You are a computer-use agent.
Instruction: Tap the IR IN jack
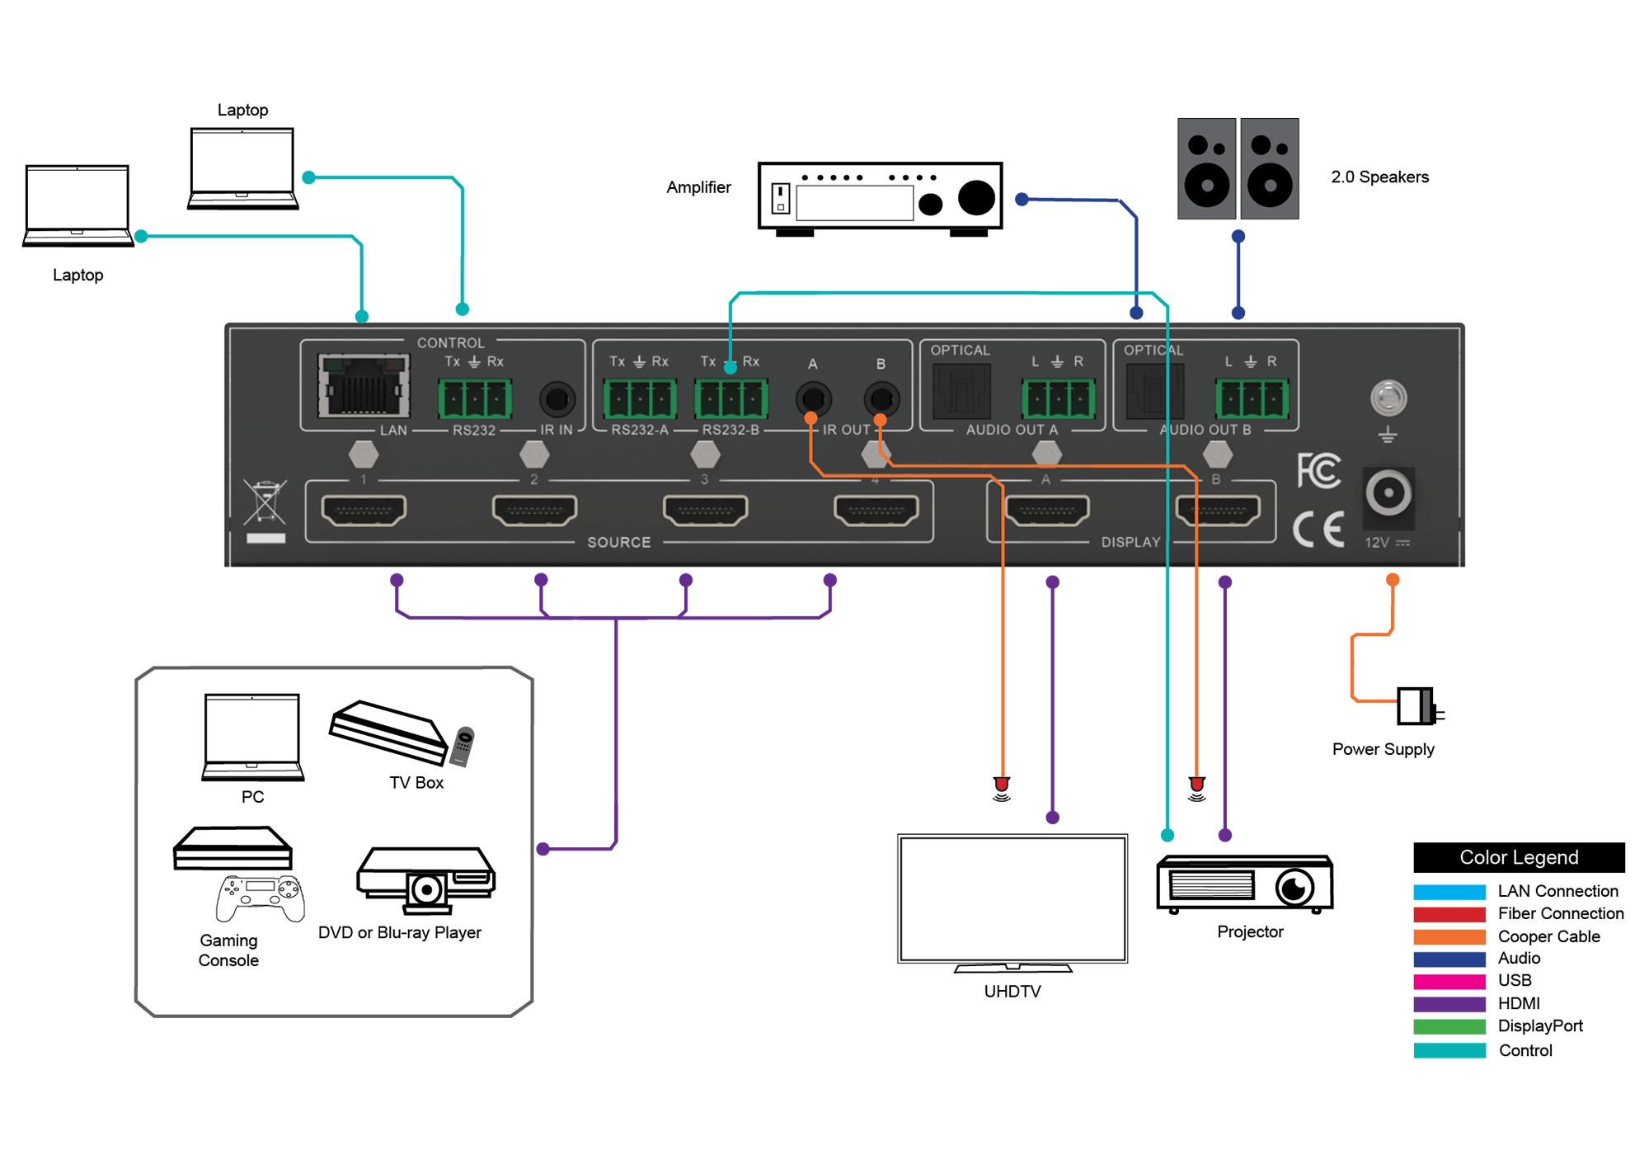(557, 399)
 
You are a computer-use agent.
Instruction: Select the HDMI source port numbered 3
(705, 511)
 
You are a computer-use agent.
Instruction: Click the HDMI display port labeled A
(1047, 511)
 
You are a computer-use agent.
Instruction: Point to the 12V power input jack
(1388, 493)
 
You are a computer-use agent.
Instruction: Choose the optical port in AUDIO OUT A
(961, 389)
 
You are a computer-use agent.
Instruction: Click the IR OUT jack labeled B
(881, 399)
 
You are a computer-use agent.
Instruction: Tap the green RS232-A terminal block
(640, 399)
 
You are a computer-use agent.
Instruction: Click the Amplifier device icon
(880, 199)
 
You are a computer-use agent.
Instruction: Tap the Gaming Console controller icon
(261, 898)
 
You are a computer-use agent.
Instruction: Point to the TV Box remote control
(463, 746)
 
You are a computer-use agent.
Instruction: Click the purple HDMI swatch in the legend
(1449, 1004)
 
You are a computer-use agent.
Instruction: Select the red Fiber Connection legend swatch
(1449, 914)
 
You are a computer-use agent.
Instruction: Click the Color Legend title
(1519, 857)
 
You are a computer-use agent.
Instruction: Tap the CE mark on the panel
(1318, 530)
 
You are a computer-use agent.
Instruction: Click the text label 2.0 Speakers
(1379, 177)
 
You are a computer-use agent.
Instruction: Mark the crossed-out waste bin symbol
(265, 502)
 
